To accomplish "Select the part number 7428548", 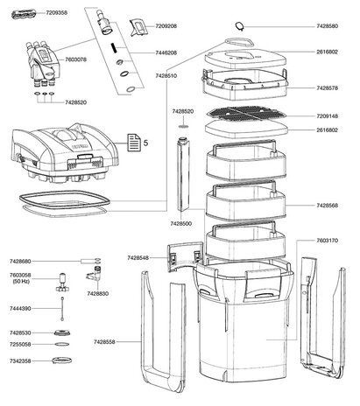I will click(x=143, y=258).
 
